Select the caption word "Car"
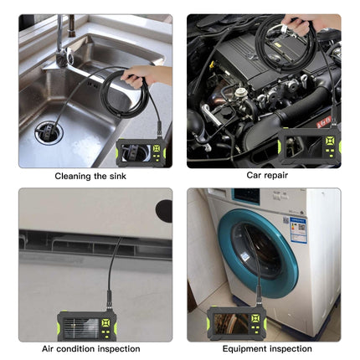point(254,176)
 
